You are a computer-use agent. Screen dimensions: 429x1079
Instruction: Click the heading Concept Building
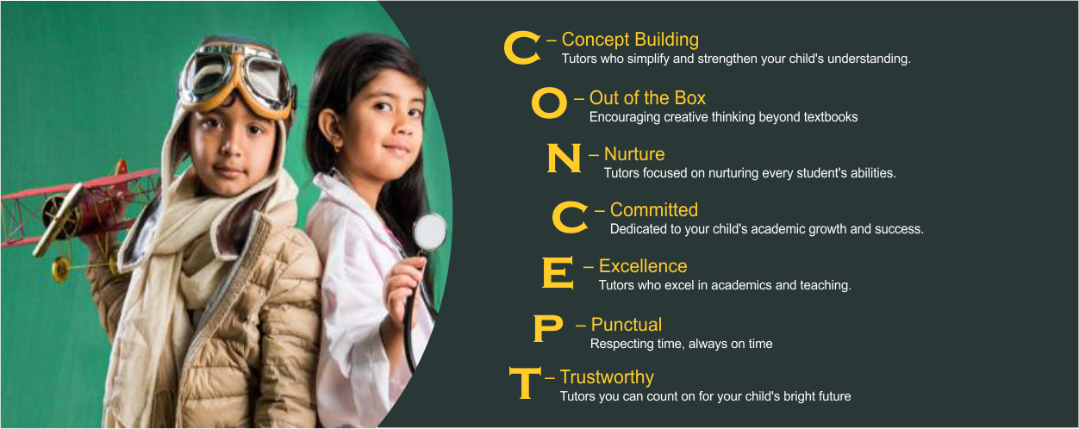coord(630,40)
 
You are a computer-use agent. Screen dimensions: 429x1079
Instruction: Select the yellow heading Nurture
coord(634,154)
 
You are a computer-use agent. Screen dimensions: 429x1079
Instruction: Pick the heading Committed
coord(653,210)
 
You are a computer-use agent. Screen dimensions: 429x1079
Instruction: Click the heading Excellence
coord(643,266)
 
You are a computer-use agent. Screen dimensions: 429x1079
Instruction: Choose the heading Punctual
coord(626,325)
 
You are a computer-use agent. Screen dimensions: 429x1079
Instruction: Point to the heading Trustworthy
coord(607,377)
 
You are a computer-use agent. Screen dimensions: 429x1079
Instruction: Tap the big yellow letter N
coord(564,159)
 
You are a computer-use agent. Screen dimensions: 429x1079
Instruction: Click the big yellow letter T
coord(525,382)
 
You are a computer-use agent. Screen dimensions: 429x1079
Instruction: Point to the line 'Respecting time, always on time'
coord(681,344)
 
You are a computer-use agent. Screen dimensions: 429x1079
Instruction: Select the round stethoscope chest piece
coord(430,232)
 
